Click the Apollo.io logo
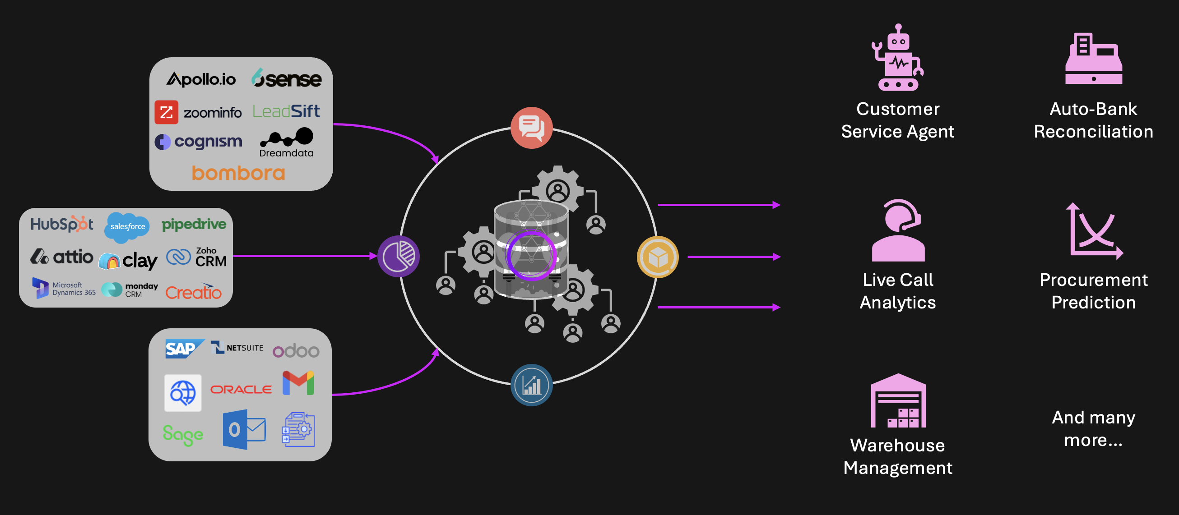click(201, 79)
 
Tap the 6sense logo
click(287, 78)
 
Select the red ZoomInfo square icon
click(166, 112)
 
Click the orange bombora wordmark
click(238, 173)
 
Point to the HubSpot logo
click(62, 224)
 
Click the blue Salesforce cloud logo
click(127, 226)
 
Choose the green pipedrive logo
click(194, 224)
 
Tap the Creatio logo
click(193, 292)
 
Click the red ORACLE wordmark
click(241, 389)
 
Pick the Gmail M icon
click(298, 383)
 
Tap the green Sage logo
click(183, 434)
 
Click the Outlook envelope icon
click(244, 429)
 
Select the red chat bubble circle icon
click(531, 128)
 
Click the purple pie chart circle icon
click(398, 256)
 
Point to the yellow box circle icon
click(658, 257)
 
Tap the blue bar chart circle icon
click(531, 385)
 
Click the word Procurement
click(1093, 280)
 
